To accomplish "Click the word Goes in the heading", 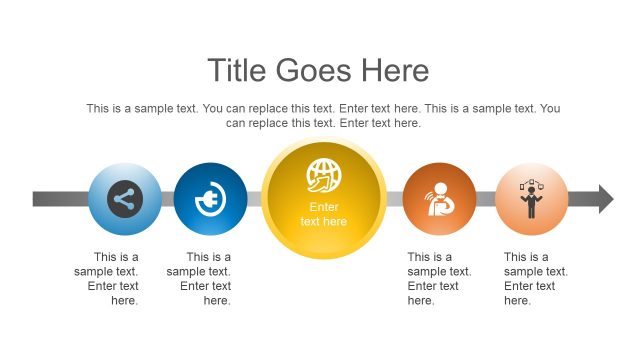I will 314,70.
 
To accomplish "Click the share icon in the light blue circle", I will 124,198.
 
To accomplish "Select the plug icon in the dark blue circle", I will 210,198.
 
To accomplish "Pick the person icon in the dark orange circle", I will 439,198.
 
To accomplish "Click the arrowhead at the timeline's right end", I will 606,198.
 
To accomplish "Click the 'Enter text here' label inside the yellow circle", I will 323,214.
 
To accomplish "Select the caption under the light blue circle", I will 108,278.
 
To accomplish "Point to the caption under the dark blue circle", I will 200,278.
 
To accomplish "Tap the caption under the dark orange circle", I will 432,278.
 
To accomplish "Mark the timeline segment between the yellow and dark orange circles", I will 393,198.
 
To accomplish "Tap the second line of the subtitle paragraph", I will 323,123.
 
